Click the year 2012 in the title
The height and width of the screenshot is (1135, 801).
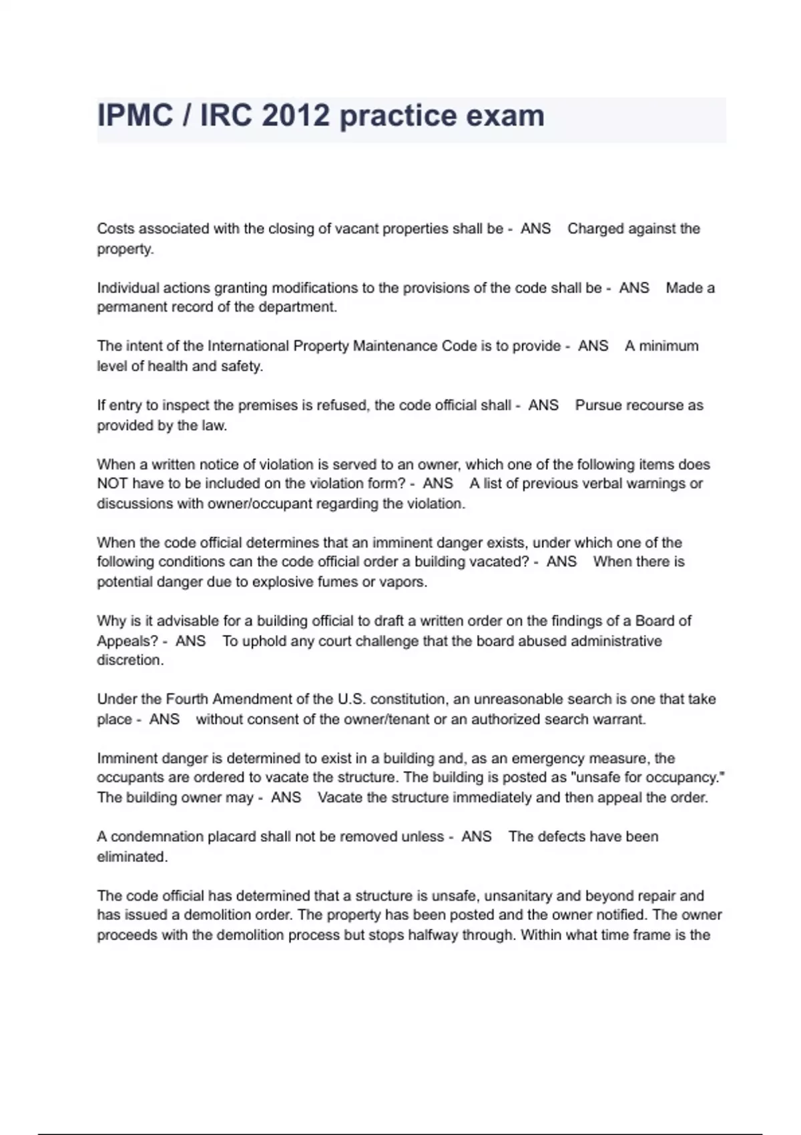click(x=296, y=116)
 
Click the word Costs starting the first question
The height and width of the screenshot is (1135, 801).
click(x=115, y=229)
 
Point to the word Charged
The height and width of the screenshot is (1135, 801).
click(x=595, y=229)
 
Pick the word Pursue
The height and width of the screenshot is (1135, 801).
click(x=596, y=405)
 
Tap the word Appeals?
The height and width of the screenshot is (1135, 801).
click(x=127, y=641)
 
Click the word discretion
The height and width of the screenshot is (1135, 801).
click(x=129, y=660)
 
